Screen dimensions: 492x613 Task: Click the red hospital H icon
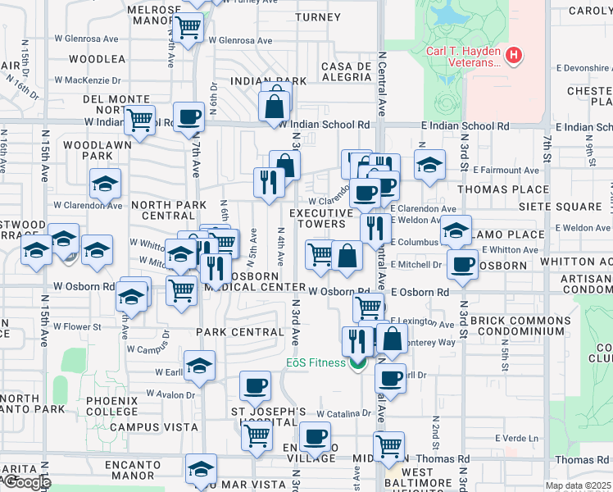513,56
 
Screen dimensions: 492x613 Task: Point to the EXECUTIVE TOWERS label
317,218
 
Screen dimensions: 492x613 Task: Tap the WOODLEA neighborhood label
97,59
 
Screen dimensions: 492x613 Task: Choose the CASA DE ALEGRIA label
347,71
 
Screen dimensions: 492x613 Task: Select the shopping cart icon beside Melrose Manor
189,29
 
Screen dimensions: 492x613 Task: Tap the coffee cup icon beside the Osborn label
463,265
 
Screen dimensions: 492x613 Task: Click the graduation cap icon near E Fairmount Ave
429,165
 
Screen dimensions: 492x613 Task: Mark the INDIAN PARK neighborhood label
268,81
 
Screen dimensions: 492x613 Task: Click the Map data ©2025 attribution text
578,485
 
